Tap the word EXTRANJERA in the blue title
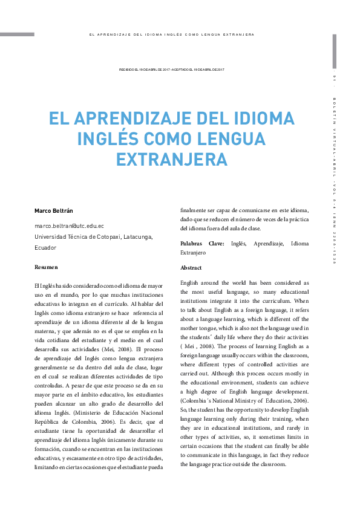[x=172, y=160]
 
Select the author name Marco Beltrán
[x=53, y=211]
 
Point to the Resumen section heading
[x=46, y=267]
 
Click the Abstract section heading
[x=191, y=267]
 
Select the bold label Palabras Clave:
[x=202, y=244]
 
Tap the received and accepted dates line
[x=172, y=70]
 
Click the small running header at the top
[x=172, y=34]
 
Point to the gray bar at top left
[x=17, y=34]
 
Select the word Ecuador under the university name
[x=45, y=247]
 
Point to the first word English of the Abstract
[x=191, y=283]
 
